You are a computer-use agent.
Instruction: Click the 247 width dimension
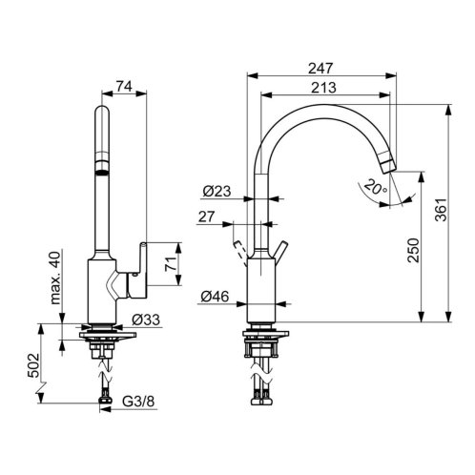320,69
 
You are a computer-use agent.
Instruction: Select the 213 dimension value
323,88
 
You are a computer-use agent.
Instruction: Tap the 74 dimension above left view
124,86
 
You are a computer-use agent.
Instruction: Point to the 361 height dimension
441,210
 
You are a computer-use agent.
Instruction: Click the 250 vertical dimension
413,250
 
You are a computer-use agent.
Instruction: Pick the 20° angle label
376,187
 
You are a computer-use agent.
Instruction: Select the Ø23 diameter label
217,191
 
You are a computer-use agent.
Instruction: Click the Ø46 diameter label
215,297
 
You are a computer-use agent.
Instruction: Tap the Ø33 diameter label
146,320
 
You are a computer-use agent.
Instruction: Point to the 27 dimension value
207,217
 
